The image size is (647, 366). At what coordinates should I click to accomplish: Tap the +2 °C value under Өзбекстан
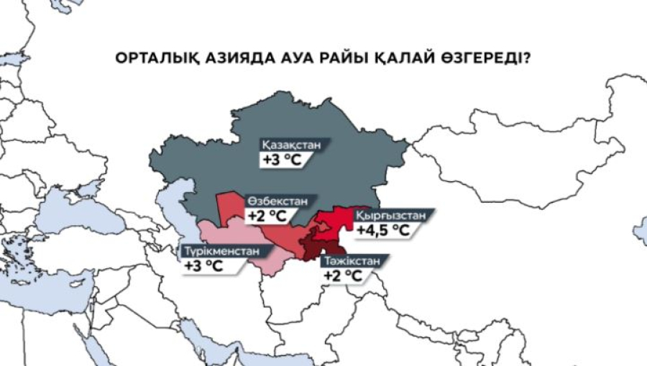tap(265, 214)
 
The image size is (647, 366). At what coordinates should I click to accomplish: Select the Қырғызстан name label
tap(393, 215)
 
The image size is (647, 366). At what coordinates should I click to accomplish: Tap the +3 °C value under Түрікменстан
tap(204, 267)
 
